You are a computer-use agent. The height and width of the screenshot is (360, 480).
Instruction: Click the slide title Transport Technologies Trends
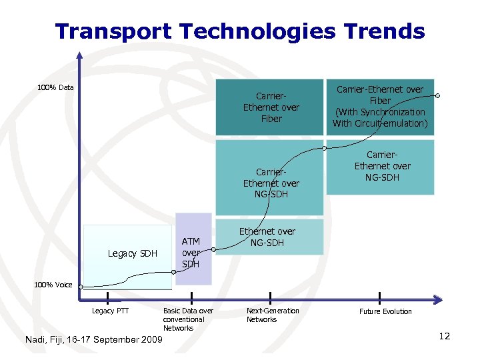(x=239, y=31)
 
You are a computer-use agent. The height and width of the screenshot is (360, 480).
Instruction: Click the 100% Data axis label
(x=55, y=87)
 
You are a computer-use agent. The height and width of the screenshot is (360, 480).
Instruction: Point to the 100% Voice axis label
(x=54, y=285)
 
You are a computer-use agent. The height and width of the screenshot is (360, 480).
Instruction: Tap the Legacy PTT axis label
(x=110, y=311)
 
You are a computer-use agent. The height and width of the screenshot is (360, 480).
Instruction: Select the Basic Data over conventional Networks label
(x=187, y=319)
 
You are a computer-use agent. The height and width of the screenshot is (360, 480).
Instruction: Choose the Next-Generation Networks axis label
(x=272, y=315)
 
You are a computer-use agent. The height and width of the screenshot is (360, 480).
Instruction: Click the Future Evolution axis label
(x=385, y=311)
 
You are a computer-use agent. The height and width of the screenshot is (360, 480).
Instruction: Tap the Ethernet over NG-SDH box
(x=267, y=237)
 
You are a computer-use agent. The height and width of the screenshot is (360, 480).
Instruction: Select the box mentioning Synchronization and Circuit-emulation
(x=379, y=107)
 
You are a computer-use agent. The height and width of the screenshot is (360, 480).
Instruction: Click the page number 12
(x=445, y=336)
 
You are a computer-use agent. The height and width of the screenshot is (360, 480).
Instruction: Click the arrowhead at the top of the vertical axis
(x=79, y=56)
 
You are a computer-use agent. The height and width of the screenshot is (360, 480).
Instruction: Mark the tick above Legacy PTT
(x=107, y=297)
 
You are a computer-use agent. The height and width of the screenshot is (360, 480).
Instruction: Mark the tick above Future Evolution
(x=379, y=297)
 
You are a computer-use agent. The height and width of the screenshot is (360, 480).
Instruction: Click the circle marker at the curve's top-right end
(x=439, y=96)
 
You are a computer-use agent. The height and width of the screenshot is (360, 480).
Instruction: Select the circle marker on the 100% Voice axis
(x=79, y=287)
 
